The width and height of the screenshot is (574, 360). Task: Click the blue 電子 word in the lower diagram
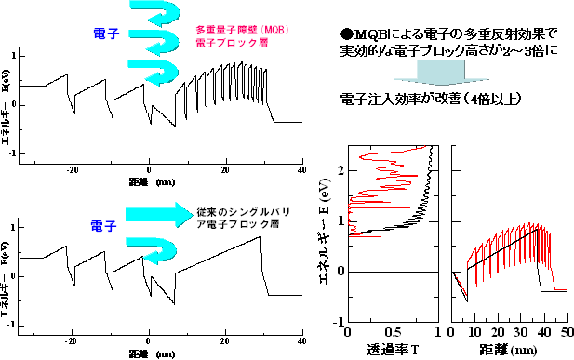click(x=103, y=226)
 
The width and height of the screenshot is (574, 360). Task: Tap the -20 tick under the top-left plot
click(x=73, y=171)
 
